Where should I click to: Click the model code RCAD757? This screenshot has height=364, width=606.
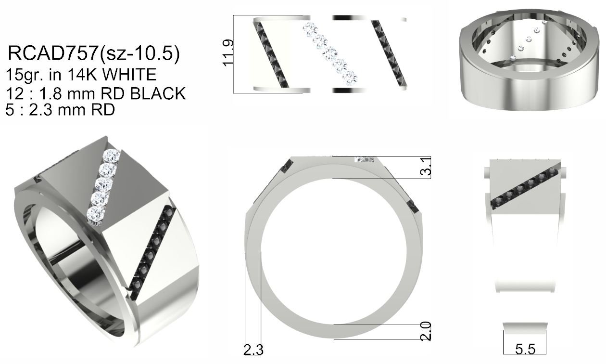tap(53, 53)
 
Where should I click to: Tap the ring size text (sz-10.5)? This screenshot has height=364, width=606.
tap(139, 53)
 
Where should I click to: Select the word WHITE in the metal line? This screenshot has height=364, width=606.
tap(129, 75)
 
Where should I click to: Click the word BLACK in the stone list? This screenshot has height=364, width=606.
tap(158, 94)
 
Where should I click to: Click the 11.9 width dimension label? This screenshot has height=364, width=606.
tap(228, 53)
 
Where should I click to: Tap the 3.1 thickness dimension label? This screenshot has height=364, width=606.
tap(426, 166)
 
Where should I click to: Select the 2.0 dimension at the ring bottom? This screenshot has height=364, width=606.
tap(426, 331)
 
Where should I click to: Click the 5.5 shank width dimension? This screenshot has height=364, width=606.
tap(525, 349)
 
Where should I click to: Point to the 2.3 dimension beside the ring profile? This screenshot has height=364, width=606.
tap(253, 350)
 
